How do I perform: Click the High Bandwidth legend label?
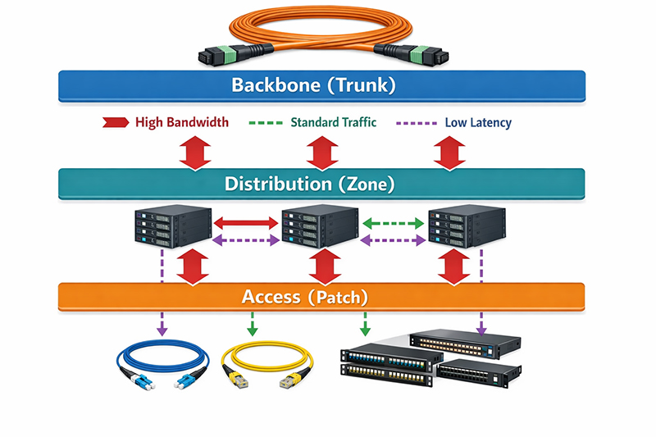tap(181, 123)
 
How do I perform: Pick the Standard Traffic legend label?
tap(334, 123)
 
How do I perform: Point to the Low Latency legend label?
tap(478, 123)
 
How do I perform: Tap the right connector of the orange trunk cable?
tap(410, 55)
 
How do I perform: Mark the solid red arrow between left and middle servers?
tap(247, 221)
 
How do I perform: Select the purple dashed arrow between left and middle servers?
tap(247, 241)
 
